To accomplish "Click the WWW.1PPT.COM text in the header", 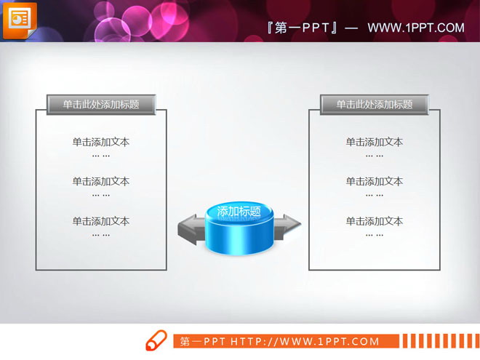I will pos(415,28).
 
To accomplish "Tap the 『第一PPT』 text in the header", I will pos(303,28).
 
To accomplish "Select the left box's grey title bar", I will pos(101,105).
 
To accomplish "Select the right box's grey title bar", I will pos(375,105).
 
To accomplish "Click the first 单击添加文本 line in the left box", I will pos(101,143).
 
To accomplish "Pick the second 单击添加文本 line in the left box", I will pos(101,182).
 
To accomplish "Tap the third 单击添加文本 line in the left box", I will pos(101,221).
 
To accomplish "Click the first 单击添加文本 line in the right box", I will pos(375,143).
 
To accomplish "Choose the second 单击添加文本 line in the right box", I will pos(375,182).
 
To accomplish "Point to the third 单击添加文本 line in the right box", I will pos(375,221).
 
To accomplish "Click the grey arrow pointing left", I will pos(190,228).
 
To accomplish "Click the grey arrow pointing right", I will pos(288,223).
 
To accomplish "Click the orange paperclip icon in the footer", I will pos(156,341).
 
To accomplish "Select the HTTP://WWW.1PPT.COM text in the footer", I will pos(305,341).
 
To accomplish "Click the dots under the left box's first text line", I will pos(101,156).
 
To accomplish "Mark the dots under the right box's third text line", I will pos(375,234).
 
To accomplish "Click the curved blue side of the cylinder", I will pos(239,240).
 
